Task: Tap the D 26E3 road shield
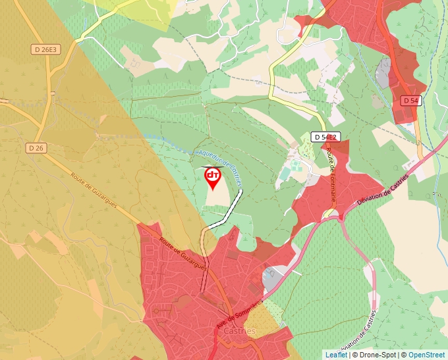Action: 45,49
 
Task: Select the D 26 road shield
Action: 36,148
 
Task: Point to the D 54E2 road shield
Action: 325,137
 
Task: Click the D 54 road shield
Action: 410,100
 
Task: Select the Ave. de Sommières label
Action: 239,313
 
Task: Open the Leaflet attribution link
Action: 336,355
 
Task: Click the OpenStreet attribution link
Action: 426,355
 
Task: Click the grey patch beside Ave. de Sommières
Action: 271,278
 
